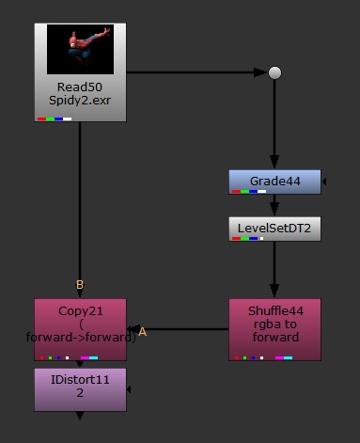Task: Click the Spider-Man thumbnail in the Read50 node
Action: coord(80,50)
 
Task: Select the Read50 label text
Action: coord(80,87)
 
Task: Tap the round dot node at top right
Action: coord(274,72)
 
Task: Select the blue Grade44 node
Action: coord(274,182)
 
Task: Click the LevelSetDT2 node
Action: coord(274,229)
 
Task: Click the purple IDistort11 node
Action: coord(80,388)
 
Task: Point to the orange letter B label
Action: coord(80,285)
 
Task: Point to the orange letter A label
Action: coord(143,332)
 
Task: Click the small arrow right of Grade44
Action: coord(324,182)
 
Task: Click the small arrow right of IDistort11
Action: coord(130,388)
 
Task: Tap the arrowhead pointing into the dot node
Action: coord(261,72)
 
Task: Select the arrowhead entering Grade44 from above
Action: coord(274,164)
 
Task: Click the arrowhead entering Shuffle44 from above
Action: coord(274,293)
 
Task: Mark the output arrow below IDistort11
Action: coord(80,416)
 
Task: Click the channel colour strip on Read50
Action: coord(55,119)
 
